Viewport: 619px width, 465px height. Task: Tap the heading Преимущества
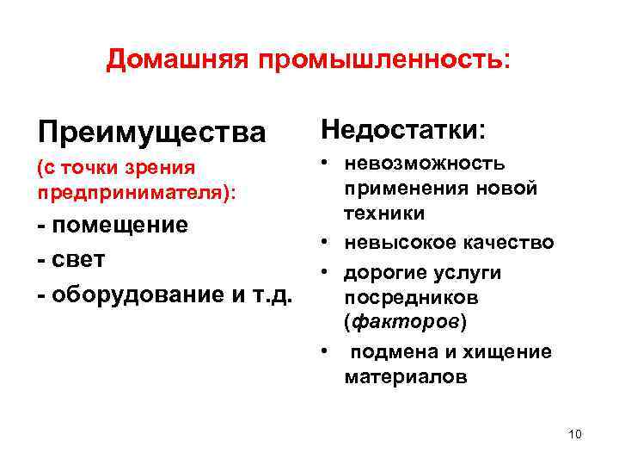click(x=152, y=133)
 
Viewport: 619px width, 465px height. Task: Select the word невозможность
click(x=425, y=164)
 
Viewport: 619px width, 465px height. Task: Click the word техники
click(x=380, y=212)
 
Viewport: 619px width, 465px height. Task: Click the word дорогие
click(x=383, y=272)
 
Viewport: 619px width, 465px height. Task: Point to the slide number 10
click(x=575, y=434)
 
